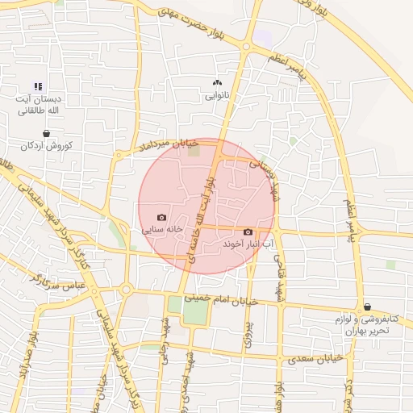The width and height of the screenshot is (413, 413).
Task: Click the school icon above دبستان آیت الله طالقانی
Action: point(37,86)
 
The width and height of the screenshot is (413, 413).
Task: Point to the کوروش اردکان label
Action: point(47,146)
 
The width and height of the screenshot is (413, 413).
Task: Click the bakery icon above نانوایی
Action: point(215,82)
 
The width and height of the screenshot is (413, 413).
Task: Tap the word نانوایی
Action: point(215,95)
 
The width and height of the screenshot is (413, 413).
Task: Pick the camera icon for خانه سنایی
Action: point(162,217)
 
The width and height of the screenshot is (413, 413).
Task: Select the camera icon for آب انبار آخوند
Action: point(248,232)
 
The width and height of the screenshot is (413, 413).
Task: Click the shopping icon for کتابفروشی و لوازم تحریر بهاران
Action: point(368,307)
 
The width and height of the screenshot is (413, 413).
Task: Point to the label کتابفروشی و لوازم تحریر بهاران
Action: point(362,325)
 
